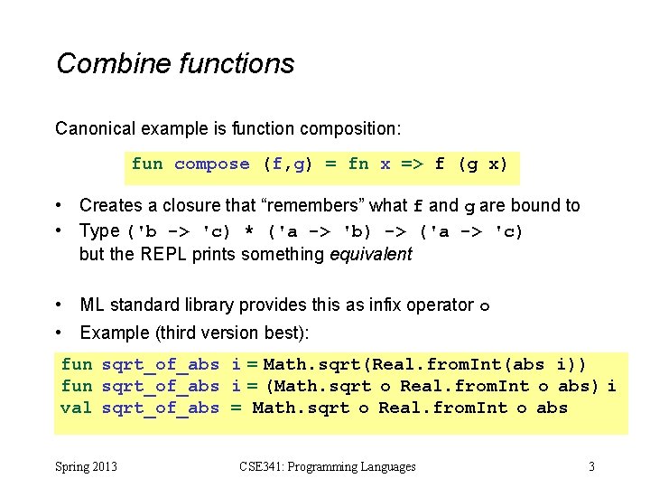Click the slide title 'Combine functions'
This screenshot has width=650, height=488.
tap(175, 63)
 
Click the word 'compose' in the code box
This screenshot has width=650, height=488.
tap(211, 164)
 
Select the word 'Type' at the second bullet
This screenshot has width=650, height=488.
tap(99, 230)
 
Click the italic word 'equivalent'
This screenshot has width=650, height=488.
tap(370, 254)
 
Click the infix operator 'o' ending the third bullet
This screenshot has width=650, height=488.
tap(484, 306)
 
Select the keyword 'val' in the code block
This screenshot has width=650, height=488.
tap(76, 408)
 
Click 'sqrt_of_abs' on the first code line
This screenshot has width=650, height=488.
tap(161, 364)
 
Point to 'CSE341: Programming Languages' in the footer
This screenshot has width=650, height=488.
tap(328, 467)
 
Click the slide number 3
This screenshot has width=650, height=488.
tap(591, 467)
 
